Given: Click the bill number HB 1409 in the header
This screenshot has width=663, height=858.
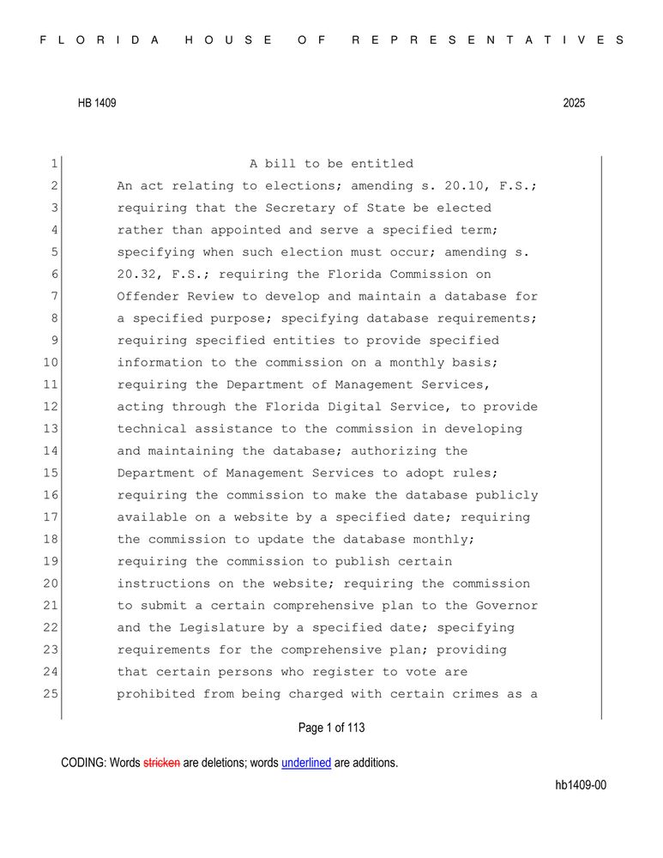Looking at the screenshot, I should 97,103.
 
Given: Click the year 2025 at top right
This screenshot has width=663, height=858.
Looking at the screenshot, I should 574,103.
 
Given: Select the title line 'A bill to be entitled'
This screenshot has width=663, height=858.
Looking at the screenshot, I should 331,164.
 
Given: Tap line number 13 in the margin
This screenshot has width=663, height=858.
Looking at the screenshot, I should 50,429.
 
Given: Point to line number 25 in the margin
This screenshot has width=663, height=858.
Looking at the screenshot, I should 50,694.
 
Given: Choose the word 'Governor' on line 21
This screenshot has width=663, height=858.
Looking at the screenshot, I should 507,606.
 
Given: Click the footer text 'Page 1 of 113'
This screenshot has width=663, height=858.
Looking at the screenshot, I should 331,728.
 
